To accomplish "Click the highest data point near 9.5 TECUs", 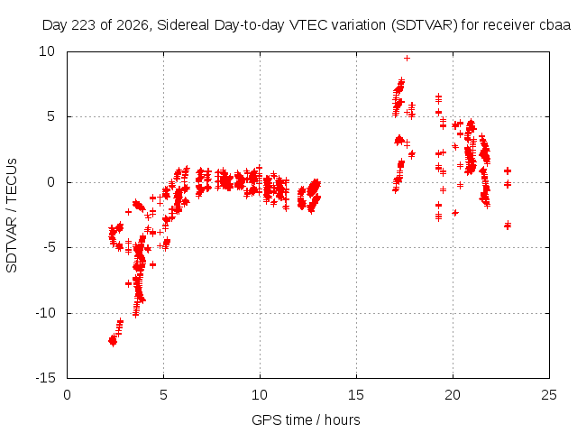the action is (407, 58).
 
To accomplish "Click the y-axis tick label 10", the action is (47, 51).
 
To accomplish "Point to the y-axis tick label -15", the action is (45, 378).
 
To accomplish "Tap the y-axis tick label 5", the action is (50, 116).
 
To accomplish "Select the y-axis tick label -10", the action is (45, 313).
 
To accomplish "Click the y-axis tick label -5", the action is (50, 247).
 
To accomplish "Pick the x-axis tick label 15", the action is (356, 395).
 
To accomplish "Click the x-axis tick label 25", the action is (549, 395).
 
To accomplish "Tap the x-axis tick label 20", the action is (453, 395).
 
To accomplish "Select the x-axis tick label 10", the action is (260, 395).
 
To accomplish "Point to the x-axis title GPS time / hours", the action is (306, 419).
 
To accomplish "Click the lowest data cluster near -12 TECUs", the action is (113, 341).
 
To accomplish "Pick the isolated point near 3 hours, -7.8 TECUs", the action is (128, 283).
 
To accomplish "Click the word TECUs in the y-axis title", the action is (12, 180).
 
